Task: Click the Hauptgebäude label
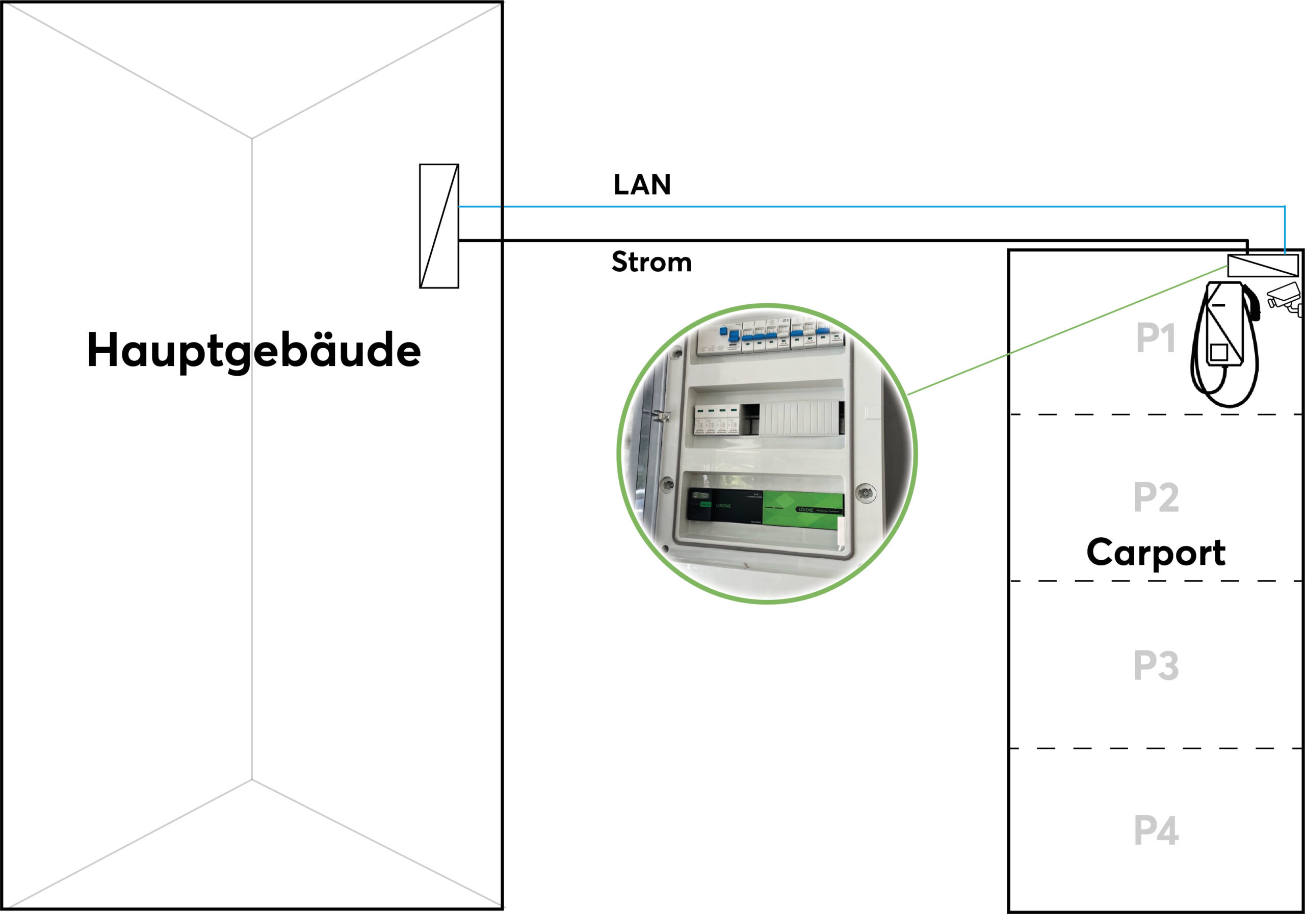253,350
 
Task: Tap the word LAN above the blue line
642,185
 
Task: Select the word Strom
651,262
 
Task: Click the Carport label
1156,552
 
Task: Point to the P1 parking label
1155,338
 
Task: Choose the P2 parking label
1156,498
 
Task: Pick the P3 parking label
1156,665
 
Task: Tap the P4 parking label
1156,830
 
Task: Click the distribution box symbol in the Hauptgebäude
439,226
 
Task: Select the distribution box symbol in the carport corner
1262,266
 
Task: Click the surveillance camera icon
1284,298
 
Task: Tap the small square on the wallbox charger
1219,352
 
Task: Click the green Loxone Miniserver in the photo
802,510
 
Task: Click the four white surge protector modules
716,420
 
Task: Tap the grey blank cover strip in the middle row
799,419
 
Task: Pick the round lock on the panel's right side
865,493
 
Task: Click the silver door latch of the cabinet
661,416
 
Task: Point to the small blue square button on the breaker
723,331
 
